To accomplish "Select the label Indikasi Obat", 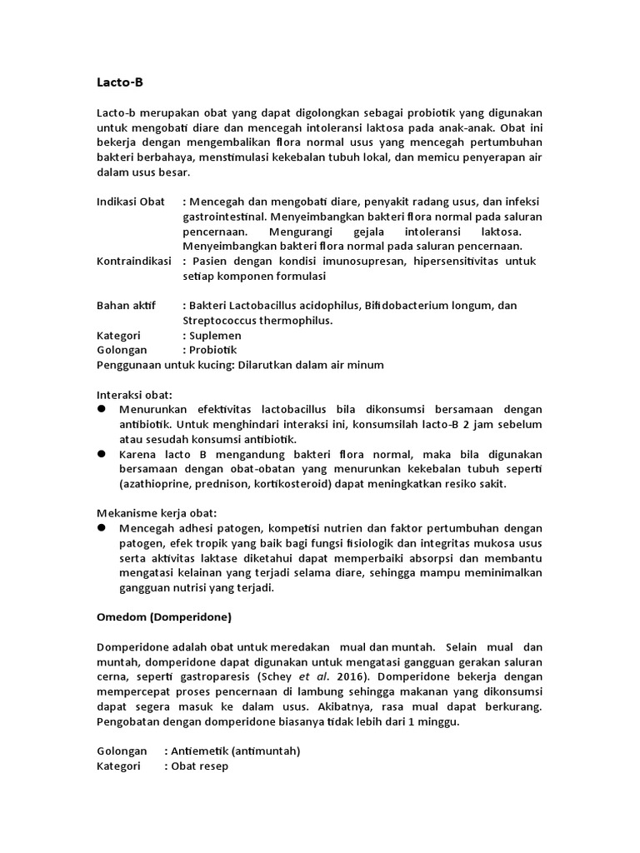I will tap(131, 202).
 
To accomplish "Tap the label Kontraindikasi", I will tap(133, 261).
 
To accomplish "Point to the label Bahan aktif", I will tap(126, 306).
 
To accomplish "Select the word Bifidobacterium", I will tap(408, 306).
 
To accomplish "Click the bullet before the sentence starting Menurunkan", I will tap(102, 409).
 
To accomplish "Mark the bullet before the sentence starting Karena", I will tap(102, 454).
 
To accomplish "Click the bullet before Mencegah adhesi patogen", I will tap(102, 528).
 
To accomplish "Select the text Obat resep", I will tap(200, 766).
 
